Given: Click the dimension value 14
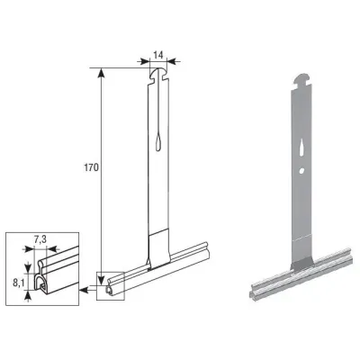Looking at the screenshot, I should (x=157, y=55).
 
